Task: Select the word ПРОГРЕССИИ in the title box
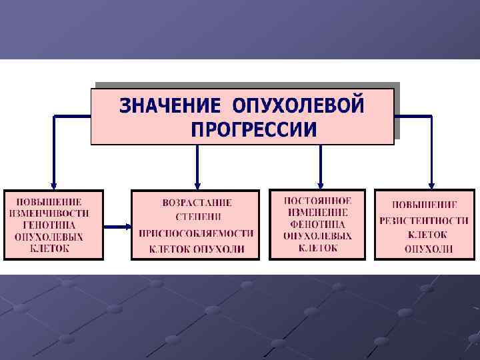tap(253, 129)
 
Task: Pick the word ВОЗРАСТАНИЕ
tap(197, 202)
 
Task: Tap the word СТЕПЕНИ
tap(198, 217)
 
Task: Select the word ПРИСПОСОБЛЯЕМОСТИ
tap(197, 233)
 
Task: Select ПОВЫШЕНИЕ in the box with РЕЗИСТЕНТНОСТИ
tap(425, 205)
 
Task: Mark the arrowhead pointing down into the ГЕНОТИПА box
tap(54, 185)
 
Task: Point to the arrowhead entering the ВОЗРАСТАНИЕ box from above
tap(197, 185)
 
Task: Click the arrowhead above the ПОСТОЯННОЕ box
tap(320, 184)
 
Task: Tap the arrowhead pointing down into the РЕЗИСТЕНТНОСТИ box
tap(431, 185)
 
